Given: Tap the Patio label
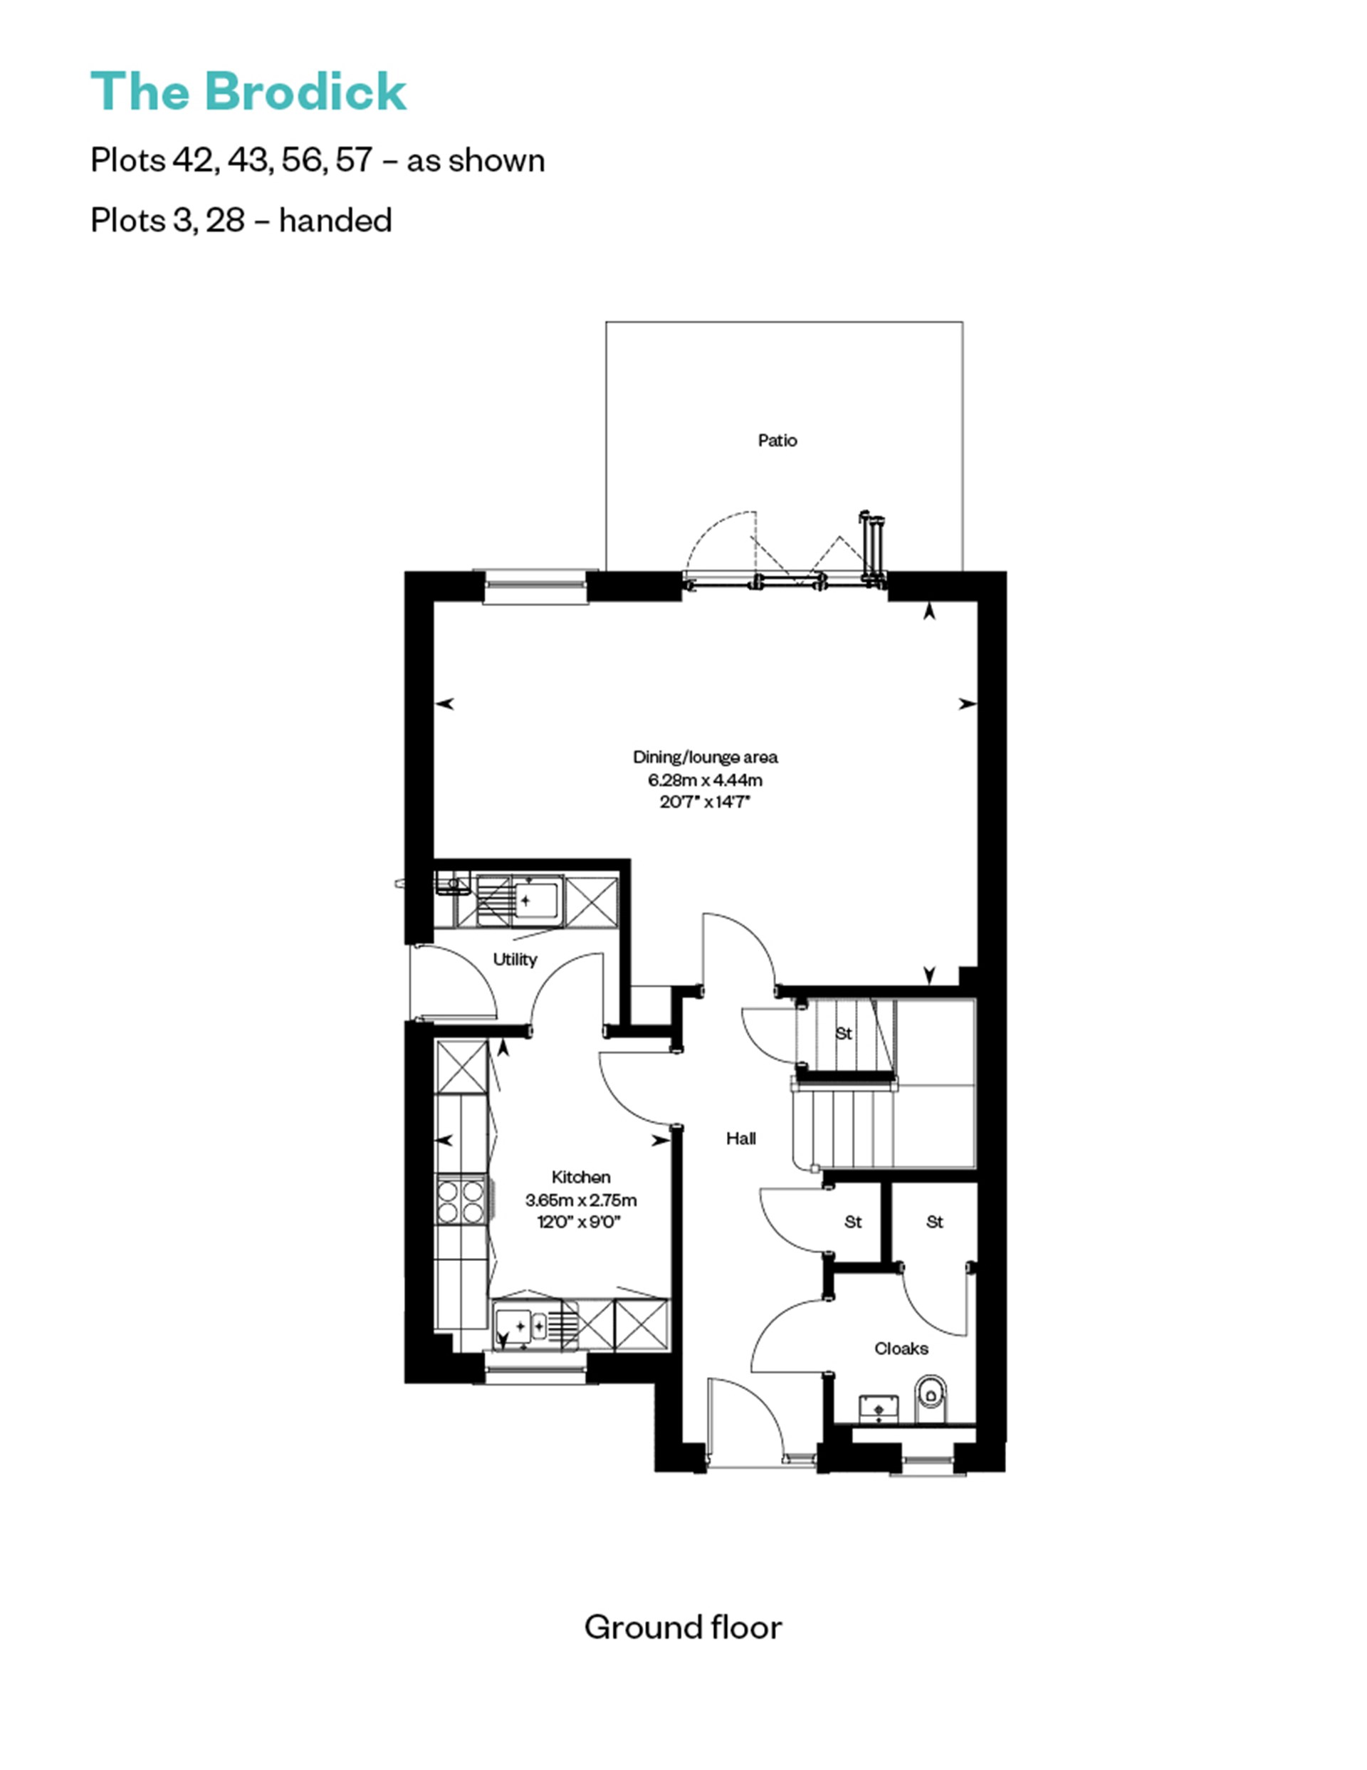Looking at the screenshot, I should click(x=777, y=440).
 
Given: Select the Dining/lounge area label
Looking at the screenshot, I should click(x=705, y=757).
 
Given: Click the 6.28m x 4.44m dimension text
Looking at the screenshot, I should click(x=705, y=780).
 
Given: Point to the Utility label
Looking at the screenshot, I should click(x=515, y=960).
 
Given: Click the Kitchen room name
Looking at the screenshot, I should click(x=581, y=1177).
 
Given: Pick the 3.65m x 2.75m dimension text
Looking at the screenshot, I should click(x=581, y=1200).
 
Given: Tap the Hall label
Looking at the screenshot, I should click(x=740, y=1138).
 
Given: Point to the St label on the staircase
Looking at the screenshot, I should click(x=844, y=1033).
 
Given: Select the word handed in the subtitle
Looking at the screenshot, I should click(x=335, y=221).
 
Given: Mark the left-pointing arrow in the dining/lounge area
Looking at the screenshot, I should click(x=445, y=704).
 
